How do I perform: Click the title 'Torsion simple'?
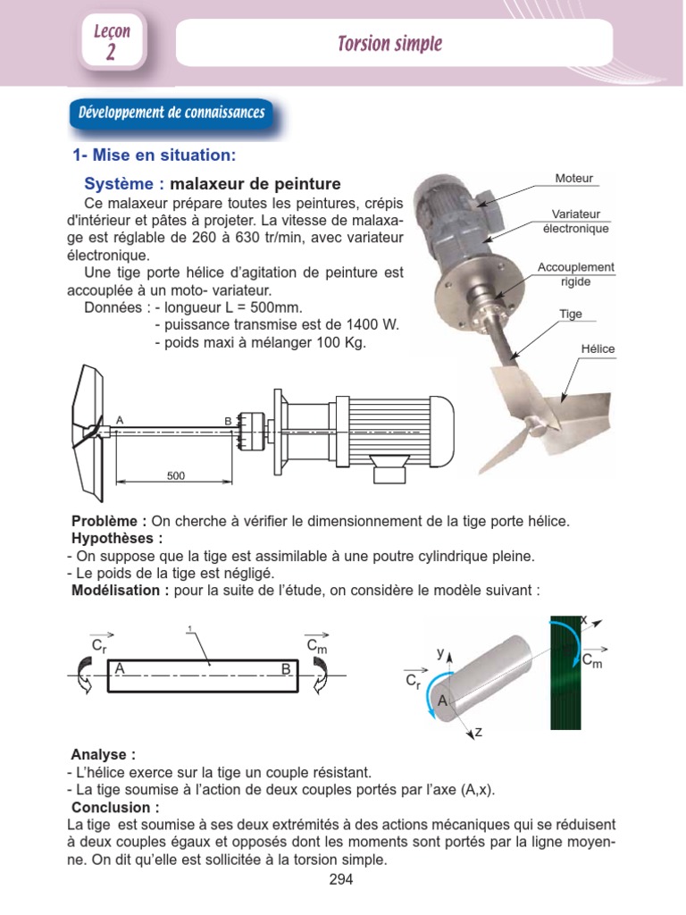[389, 44]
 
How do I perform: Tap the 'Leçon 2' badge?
[112, 42]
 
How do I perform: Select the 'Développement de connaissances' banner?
[171, 113]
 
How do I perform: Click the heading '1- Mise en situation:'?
[154, 155]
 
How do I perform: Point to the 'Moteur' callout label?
[573, 179]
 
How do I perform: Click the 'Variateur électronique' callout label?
[575, 222]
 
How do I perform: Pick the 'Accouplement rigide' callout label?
[575, 274]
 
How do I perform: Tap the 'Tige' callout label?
[570, 315]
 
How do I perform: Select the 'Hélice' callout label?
[599, 348]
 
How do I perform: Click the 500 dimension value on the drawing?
[176, 476]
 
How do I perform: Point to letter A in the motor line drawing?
[120, 420]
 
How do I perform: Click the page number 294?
[341, 880]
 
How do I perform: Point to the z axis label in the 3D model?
[479, 732]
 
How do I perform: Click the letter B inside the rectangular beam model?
[286, 668]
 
